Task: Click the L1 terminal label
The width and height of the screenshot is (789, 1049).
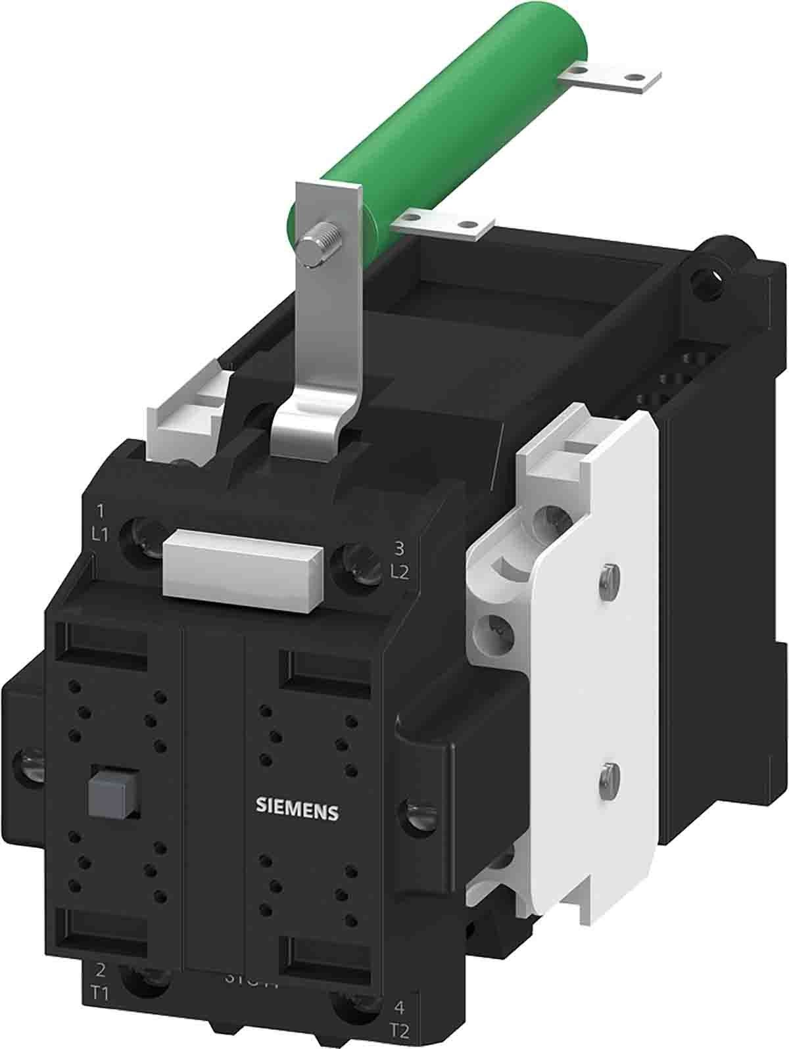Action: click(x=100, y=535)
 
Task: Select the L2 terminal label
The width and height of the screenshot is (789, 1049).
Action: click(x=399, y=571)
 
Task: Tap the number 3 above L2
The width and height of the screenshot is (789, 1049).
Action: click(x=398, y=547)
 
